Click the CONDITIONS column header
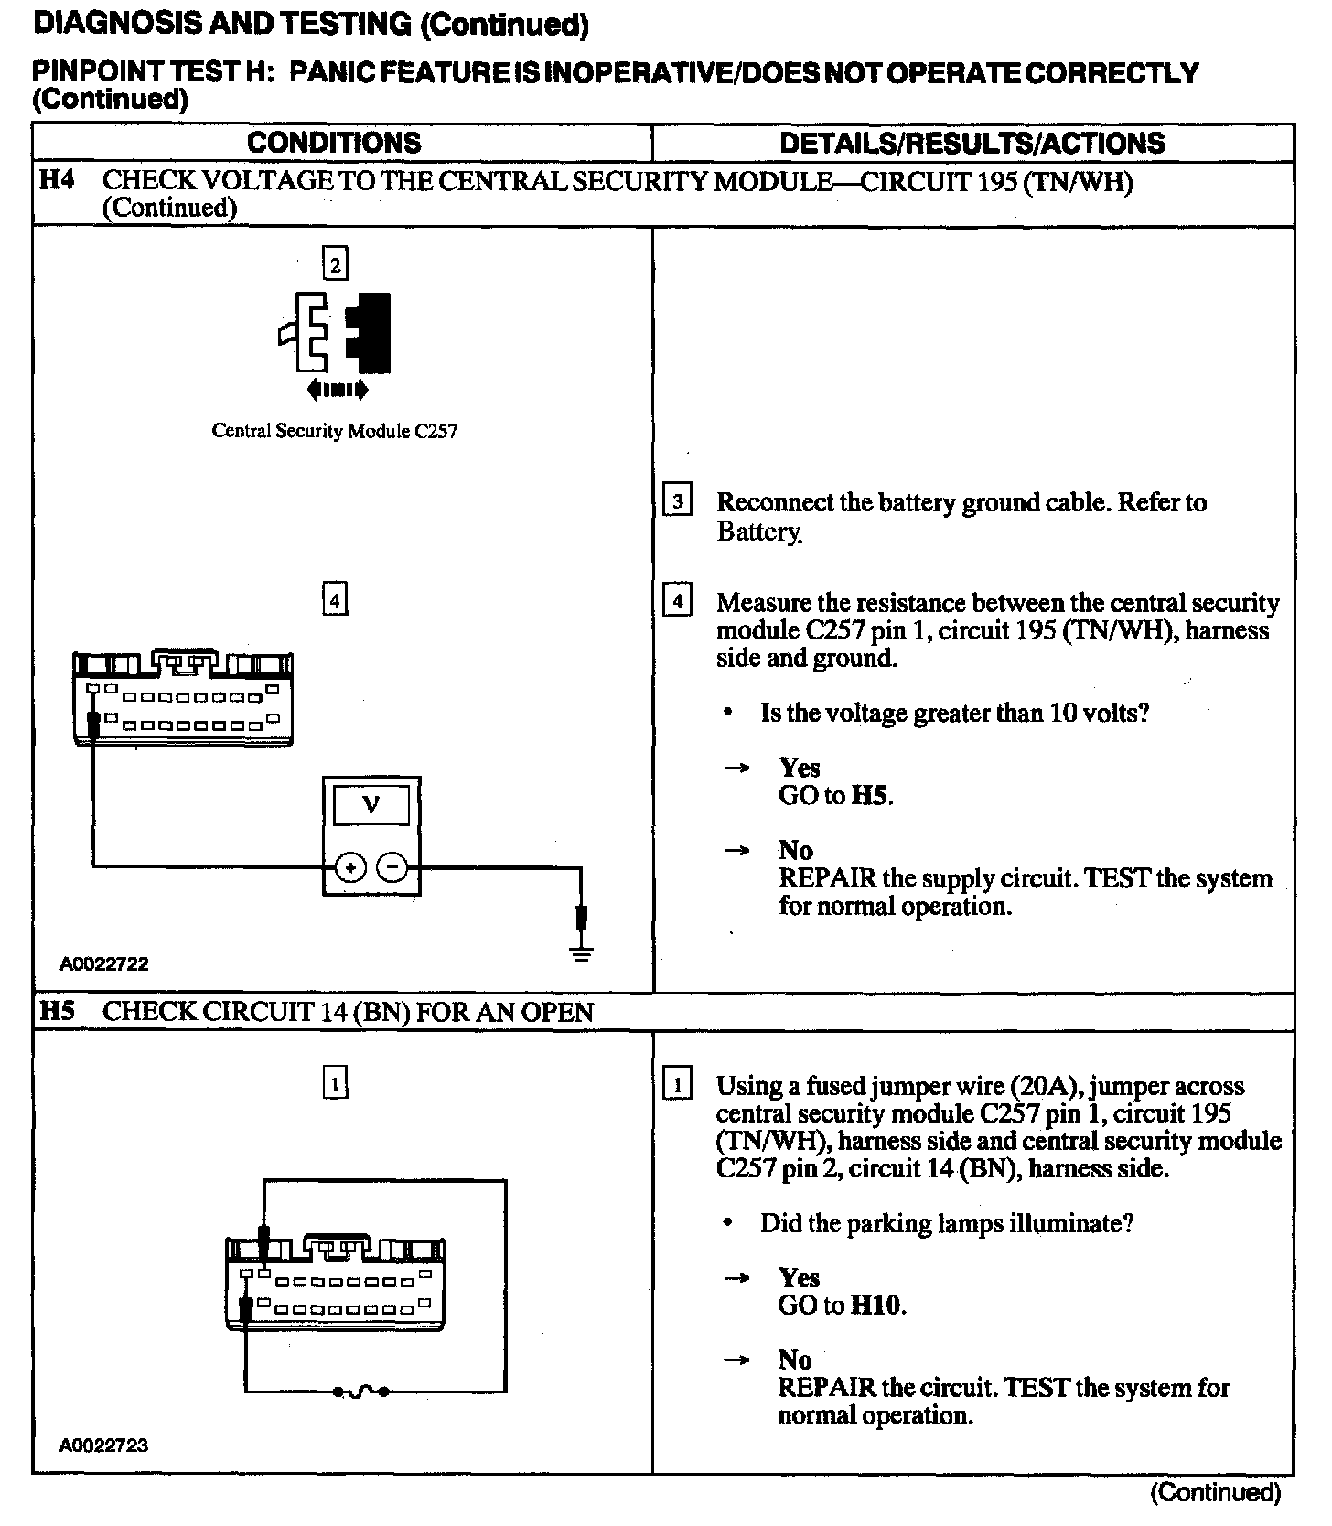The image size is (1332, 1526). tap(334, 143)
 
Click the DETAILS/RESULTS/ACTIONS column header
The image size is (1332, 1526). tap(972, 143)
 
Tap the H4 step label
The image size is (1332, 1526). tap(56, 180)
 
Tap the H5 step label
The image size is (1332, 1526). tap(56, 1011)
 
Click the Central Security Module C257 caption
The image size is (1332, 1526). tap(334, 431)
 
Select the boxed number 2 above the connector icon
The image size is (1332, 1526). tap(336, 264)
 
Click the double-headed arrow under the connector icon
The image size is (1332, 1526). tap(338, 391)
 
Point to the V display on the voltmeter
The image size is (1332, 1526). tap(371, 805)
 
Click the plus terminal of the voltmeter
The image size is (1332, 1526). tap(350, 866)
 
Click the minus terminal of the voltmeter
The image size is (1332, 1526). tap(393, 866)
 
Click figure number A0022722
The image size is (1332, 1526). tap(104, 963)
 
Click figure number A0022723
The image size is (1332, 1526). tap(104, 1445)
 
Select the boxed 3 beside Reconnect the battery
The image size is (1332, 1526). tap(676, 500)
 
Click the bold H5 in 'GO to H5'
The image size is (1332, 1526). tap(869, 796)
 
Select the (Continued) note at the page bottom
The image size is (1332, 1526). tap(1214, 1492)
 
